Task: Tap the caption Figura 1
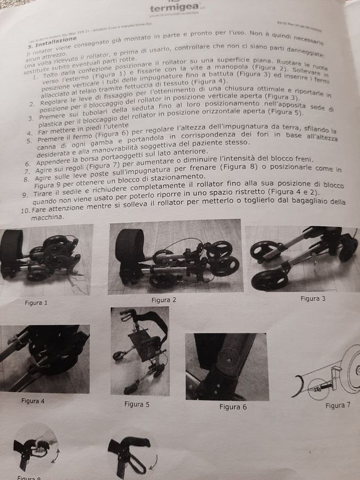click(37, 302)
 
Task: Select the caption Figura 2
click(163, 300)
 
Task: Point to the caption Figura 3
click(313, 298)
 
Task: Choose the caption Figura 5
click(137, 403)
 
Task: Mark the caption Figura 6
click(233, 406)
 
